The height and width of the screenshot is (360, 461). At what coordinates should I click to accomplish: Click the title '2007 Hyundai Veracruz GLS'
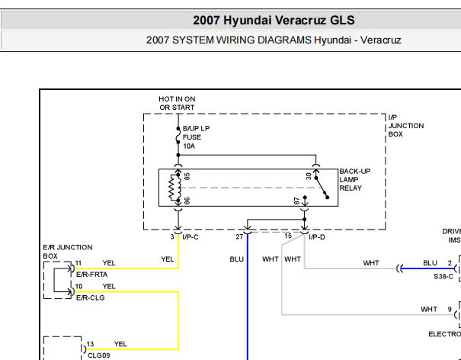click(274, 21)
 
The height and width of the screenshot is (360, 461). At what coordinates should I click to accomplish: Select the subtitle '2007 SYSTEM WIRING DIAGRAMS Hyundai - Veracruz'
click(274, 40)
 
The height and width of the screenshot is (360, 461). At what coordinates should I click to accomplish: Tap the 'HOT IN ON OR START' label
click(177, 103)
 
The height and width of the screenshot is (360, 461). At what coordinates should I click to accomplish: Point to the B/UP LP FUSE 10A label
click(196, 137)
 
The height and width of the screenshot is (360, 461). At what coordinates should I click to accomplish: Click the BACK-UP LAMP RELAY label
click(355, 179)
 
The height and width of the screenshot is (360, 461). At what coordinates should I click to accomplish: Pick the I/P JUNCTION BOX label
click(406, 126)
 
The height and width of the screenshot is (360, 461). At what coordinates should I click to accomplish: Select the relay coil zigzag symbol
click(174, 188)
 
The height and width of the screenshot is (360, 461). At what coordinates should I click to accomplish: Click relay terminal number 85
click(187, 176)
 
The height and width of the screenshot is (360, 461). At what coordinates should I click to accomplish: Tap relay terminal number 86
click(187, 201)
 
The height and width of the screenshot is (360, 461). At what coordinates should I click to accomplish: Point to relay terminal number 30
click(308, 176)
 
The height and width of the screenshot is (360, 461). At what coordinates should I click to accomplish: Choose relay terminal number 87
click(296, 201)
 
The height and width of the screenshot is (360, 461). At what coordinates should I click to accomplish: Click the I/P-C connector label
click(190, 237)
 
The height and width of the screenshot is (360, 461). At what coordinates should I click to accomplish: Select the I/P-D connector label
click(317, 237)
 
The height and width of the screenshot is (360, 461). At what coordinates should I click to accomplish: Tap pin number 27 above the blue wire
click(239, 236)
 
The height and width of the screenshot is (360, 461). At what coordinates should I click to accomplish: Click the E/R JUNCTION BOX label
click(68, 252)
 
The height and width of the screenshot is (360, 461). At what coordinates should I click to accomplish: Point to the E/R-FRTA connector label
click(91, 275)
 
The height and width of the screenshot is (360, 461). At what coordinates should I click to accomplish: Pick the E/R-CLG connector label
click(90, 297)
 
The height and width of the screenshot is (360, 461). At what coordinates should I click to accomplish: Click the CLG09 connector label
click(99, 355)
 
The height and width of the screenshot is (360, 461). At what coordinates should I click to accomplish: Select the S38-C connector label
click(443, 276)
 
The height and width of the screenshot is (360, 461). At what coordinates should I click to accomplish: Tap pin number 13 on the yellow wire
click(90, 344)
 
